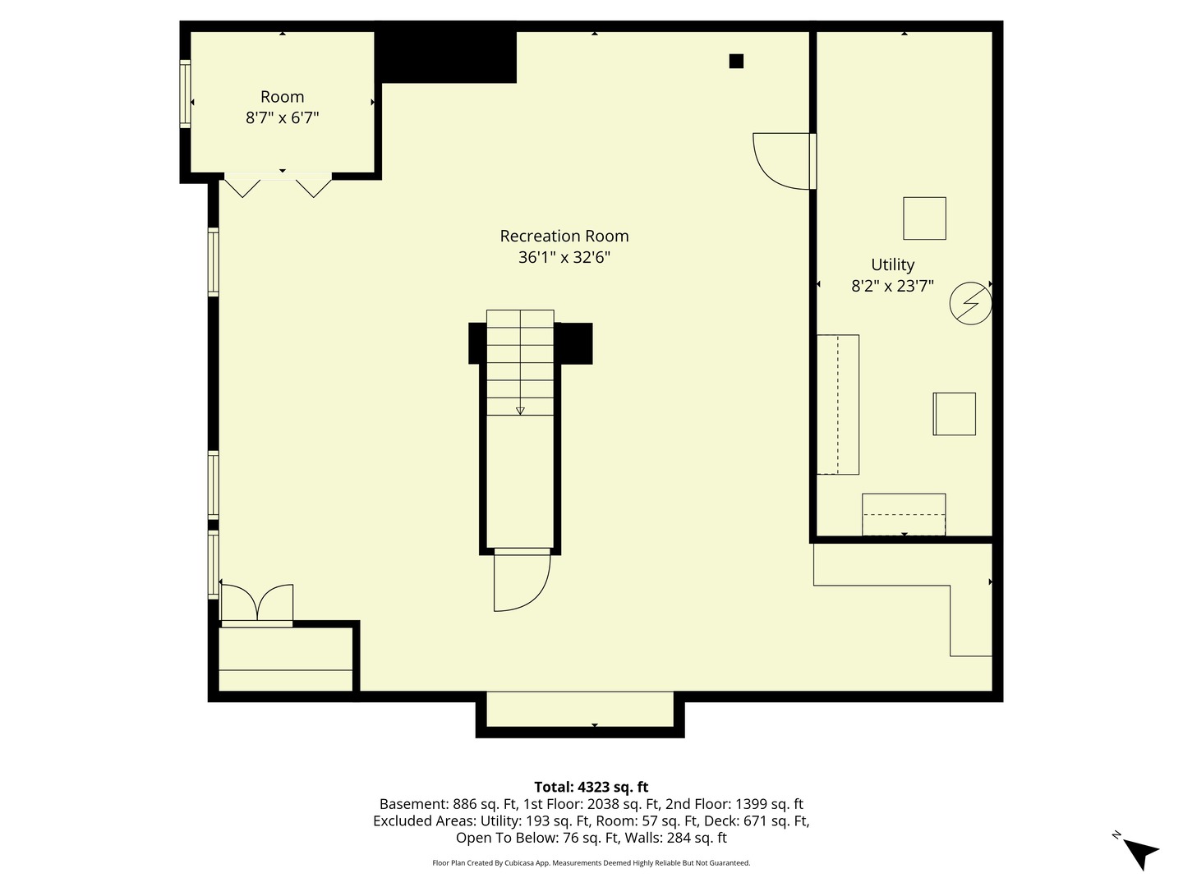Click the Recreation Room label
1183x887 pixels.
tap(564, 237)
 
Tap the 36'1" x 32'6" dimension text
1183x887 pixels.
tap(564, 258)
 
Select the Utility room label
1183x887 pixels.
tap(892, 264)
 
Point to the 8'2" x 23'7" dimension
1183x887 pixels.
tap(892, 287)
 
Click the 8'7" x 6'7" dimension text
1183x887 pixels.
tap(282, 118)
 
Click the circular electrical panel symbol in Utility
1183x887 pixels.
tap(970, 303)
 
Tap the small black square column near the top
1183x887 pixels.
tap(736, 61)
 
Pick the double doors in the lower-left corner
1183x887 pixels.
tap(256, 604)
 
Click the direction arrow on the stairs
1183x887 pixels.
tap(520, 409)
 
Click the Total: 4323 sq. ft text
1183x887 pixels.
tap(591, 787)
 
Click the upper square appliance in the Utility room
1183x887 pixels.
tap(924, 218)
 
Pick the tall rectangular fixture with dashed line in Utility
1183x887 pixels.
tap(838, 404)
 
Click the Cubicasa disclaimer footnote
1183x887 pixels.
tap(591, 863)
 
